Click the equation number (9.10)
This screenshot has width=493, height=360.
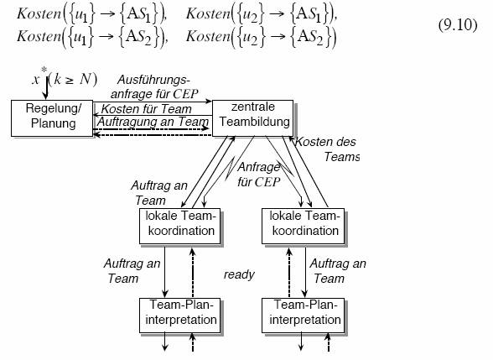coord(458,25)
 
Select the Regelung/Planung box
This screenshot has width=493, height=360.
coord(52,118)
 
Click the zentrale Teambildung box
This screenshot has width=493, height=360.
coord(253,118)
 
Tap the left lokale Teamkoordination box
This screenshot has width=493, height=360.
coord(179,226)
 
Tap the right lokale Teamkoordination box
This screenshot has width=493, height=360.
coord(304,226)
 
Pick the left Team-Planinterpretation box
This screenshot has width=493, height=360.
coord(179,316)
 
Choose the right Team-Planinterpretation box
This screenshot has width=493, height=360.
coord(304,316)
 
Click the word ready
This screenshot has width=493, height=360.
coord(239,274)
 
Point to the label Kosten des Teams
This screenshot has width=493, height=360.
coord(326,149)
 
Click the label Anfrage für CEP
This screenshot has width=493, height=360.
coord(259,175)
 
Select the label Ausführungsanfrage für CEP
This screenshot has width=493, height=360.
coord(154,87)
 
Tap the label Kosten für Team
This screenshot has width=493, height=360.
coord(146,109)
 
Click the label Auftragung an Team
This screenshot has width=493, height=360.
coord(153,122)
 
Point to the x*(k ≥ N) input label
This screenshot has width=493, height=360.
coord(65,78)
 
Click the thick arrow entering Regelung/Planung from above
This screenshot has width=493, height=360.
coord(47,89)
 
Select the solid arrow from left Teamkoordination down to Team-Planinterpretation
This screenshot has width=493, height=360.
coord(164,271)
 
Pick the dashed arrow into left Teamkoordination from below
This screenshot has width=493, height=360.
coord(193,273)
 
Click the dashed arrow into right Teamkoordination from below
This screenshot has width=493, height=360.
coord(289,273)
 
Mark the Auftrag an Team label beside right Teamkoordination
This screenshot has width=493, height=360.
coord(338,271)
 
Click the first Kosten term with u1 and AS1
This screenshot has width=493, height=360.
coord(91,14)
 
